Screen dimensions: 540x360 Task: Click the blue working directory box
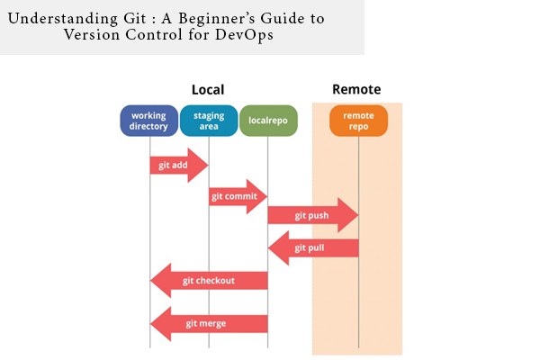(148, 121)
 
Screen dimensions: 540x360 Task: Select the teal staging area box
(209, 121)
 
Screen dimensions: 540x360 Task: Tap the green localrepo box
(268, 121)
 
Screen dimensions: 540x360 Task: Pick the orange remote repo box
(358, 121)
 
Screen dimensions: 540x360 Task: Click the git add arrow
(179, 166)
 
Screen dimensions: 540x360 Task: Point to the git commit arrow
(238, 196)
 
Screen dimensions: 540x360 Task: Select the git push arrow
(313, 215)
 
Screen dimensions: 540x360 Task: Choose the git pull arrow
(313, 248)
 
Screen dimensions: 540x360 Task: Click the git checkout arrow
(209, 281)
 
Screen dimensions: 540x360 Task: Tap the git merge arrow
(209, 324)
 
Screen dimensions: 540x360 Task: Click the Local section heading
(208, 90)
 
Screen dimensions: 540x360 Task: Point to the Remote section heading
(356, 89)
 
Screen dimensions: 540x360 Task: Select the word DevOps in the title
(244, 35)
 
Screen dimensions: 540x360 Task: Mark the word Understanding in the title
(63, 19)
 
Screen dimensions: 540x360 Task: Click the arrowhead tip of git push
(358, 215)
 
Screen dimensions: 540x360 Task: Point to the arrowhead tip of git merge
(150, 324)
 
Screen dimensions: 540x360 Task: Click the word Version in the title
(92, 35)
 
